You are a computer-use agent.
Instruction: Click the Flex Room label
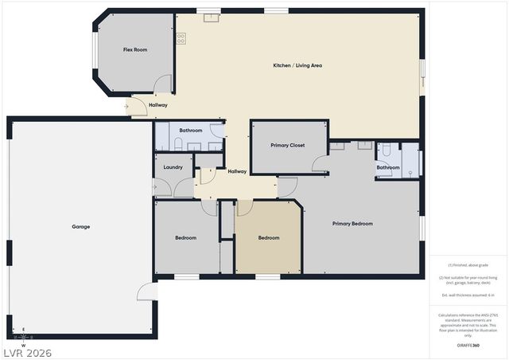tap(135, 50)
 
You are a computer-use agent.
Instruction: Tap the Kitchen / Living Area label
tap(297, 65)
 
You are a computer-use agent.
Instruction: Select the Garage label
tap(81, 226)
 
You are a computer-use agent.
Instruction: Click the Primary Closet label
tap(288, 145)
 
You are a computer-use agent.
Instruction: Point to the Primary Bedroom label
tap(352, 224)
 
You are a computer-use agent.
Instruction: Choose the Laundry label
tap(173, 167)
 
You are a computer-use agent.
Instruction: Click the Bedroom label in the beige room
tap(269, 237)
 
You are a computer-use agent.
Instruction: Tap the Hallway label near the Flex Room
tap(157, 105)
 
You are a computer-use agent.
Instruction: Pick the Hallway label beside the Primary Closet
tap(237, 171)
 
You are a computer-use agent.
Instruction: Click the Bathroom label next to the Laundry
tap(191, 130)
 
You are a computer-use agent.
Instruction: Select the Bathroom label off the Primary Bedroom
tap(388, 167)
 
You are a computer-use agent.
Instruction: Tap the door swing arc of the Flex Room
tap(163, 84)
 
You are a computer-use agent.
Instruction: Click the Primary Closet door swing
tap(320, 163)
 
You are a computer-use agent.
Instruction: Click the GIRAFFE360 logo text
tap(469, 346)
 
